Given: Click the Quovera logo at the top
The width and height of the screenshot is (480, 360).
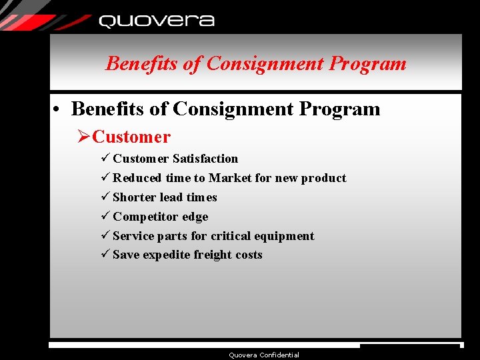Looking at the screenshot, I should coord(156,21).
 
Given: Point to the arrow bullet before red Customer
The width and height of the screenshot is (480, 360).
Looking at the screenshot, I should coord(83,137).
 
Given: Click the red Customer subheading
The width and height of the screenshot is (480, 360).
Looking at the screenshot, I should coord(131,137).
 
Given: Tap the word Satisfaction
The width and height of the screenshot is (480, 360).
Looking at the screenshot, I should coord(205,159).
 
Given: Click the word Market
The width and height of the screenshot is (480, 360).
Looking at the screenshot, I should coord(229,178).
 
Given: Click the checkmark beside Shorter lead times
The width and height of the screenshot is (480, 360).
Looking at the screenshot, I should coord(105,197).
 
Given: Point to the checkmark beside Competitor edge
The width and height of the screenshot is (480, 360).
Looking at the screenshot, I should coord(105,217).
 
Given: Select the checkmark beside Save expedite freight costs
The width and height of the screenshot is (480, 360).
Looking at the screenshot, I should coord(105,255).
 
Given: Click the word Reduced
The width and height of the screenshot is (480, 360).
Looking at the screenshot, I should coord(137,178).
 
